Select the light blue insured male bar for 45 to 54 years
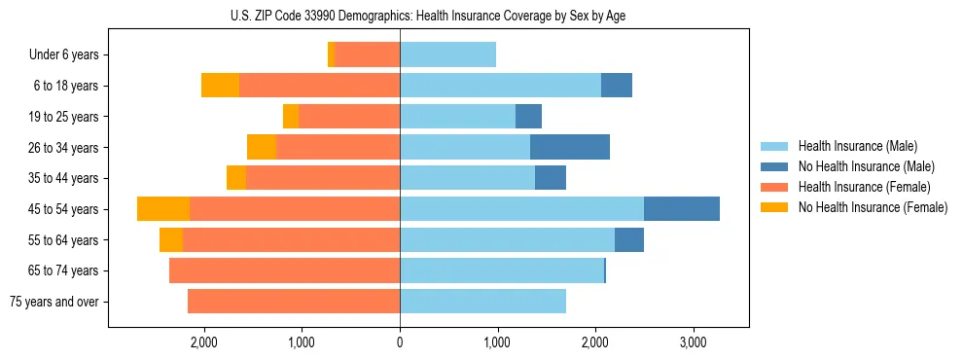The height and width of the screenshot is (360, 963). point(521,208)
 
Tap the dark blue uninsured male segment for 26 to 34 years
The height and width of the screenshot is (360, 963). point(569,147)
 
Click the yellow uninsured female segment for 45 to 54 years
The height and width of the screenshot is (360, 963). point(163,208)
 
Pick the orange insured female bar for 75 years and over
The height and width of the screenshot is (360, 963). point(294,302)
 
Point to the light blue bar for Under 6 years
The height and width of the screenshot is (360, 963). point(447,54)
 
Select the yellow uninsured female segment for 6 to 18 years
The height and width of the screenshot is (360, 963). point(220,86)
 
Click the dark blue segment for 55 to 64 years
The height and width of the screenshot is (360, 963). point(628,239)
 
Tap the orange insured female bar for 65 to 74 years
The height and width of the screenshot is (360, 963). point(284,270)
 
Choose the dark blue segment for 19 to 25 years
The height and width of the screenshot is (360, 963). point(528,117)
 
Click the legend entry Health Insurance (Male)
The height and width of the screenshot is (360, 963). point(857,147)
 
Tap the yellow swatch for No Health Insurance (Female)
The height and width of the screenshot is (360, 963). point(774,207)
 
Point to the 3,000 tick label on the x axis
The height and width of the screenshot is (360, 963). point(693,342)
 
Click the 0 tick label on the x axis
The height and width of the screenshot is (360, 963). point(400,342)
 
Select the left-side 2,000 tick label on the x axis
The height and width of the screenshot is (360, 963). point(203,342)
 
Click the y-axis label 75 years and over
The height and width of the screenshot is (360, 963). point(53,302)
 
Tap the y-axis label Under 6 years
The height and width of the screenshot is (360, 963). point(63,54)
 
